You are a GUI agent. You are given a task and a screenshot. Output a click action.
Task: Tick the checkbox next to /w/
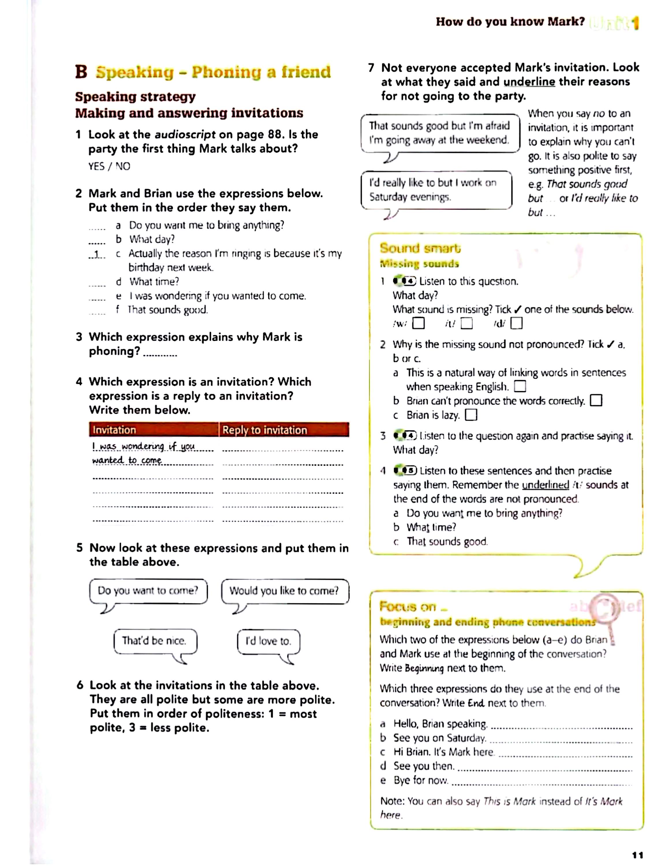[x=418, y=324]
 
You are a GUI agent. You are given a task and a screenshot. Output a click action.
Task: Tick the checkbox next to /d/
[x=516, y=324]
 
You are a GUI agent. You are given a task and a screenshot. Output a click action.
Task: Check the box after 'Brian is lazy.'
[x=471, y=415]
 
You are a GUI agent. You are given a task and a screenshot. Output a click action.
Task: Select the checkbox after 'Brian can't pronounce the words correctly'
[x=596, y=401]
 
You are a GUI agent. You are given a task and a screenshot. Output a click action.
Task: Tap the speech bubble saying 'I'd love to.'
[x=268, y=641]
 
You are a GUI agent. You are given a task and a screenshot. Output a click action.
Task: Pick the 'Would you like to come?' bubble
[x=284, y=591]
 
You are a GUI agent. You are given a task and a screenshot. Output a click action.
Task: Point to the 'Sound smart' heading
[x=420, y=249]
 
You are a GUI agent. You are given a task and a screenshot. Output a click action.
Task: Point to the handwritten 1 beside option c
[x=96, y=254]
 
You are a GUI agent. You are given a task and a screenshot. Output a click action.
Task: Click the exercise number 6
[x=80, y=685]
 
